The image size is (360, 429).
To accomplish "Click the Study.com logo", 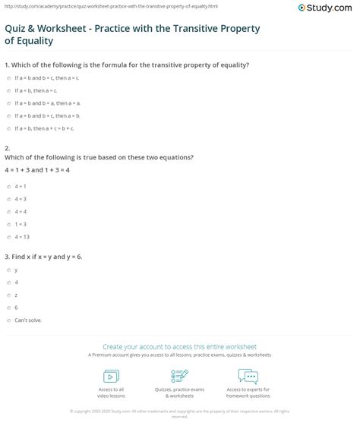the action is tap(328, 9).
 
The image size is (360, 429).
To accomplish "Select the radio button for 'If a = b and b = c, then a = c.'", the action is tap(8, 78).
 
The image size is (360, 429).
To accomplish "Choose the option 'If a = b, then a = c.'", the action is tap(8, 90).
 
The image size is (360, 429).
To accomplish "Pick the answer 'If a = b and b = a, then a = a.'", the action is tap(8, 103).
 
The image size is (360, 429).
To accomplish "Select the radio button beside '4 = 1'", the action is tap(8, 185).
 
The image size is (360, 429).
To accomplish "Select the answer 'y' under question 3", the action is tap(8, 270).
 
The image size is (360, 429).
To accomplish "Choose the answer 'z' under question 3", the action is tap(8, 295).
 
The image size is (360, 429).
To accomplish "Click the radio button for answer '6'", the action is tap(8, 307).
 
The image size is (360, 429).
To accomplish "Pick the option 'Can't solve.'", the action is tap(8, 320).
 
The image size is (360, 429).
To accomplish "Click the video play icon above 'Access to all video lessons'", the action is tap(112, 375).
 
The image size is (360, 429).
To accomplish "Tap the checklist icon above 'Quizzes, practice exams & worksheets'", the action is tap(180, 375).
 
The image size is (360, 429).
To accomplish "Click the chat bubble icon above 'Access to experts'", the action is tap(248, 375).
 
